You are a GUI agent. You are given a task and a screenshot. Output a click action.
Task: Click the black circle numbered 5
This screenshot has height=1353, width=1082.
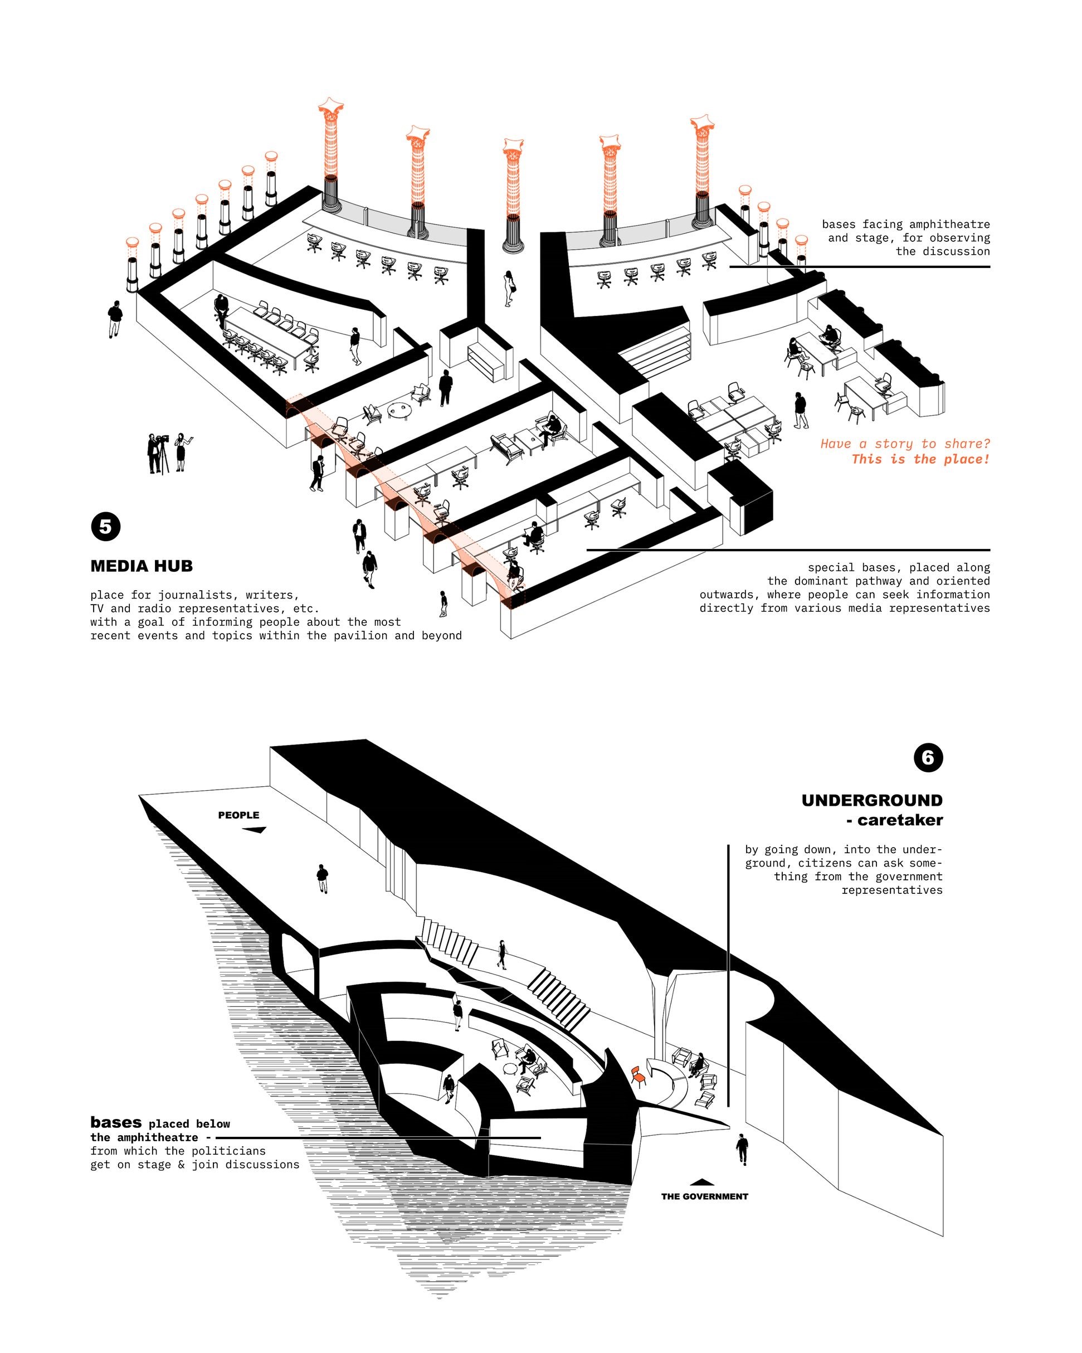click(105, 527)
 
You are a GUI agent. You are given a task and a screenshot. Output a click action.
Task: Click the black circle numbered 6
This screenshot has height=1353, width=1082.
click(928, 757)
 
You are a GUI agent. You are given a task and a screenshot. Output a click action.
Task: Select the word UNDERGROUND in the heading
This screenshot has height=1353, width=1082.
click(871, 800)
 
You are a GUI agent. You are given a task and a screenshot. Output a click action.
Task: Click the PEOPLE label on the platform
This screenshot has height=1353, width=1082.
click(238, 815)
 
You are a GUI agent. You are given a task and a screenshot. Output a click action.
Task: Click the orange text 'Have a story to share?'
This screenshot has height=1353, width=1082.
click(904, 444)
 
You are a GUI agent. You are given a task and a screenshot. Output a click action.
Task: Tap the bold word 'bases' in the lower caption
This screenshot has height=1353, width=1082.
click(116, 1122)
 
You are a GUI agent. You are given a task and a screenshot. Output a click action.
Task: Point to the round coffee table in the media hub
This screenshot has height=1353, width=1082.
click(398, 409)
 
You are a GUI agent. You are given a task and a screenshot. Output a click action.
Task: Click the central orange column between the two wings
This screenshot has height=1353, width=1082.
click(513, 188)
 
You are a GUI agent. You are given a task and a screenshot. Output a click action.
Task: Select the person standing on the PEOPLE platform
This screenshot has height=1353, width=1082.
click(322, 878)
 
